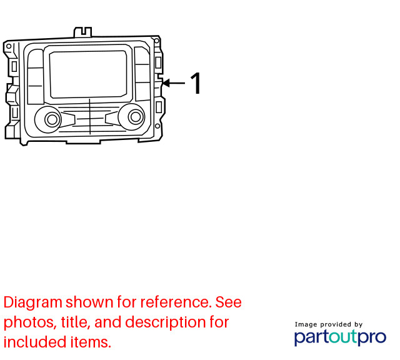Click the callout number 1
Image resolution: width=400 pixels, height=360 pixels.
(x=196, y=83)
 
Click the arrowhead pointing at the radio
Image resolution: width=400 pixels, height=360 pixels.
(x=166, y=83)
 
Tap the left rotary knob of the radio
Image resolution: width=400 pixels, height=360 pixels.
(x=52, y=119)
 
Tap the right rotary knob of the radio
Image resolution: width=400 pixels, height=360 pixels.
(x=136, y=117)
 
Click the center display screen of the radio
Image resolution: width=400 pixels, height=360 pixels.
(x=88, y=74)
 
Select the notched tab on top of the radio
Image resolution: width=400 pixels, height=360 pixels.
(x=82, y=32)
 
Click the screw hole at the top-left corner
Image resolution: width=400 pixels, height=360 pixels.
(x=9, y=46)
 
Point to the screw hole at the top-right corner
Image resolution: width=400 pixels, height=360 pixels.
(x=157, y=41)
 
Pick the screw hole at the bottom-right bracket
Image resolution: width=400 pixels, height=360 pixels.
(x=157, y=126)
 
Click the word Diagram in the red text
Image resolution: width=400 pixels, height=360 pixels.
(x=33, y=302)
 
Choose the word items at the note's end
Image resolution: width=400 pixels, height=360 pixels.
(x=91, y=342)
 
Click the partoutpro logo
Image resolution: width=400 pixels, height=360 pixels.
(x=340, y=337)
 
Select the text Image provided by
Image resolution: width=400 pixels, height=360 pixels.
(x=329, y=324)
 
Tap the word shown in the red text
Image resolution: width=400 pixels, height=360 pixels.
(x=89, y=302)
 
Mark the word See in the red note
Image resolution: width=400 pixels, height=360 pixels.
(x=228, y=302)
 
